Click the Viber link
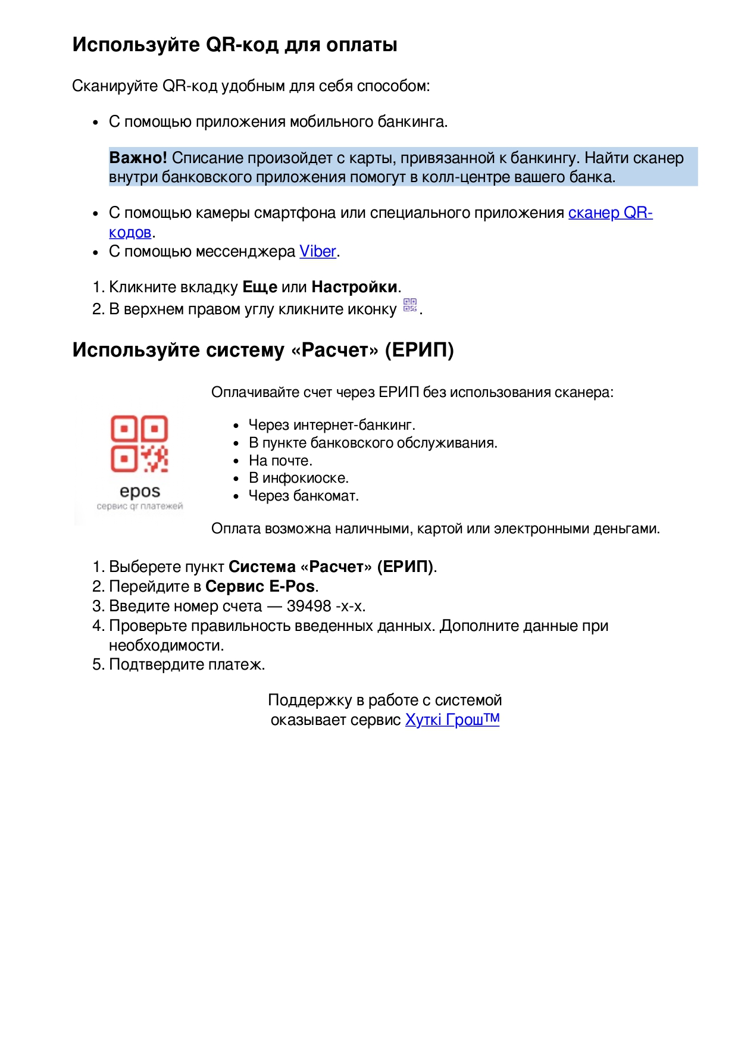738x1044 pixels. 318,252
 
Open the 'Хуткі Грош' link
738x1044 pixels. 452,720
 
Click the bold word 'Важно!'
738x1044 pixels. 138,158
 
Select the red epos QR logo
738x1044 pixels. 139,443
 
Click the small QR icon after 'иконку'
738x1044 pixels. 410,305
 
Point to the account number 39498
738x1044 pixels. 308,606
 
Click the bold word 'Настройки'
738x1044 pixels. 354,287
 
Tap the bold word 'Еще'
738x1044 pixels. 259,287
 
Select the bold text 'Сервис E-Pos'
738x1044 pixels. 260,586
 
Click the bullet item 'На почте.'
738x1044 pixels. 280,461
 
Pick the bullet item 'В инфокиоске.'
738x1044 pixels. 299,478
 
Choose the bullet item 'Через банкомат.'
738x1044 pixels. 304,496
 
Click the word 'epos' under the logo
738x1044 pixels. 140,492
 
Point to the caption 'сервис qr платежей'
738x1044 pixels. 140,507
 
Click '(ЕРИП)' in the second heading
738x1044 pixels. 419,350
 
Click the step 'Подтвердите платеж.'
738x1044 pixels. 187,664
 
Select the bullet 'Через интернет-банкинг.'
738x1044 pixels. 332,425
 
